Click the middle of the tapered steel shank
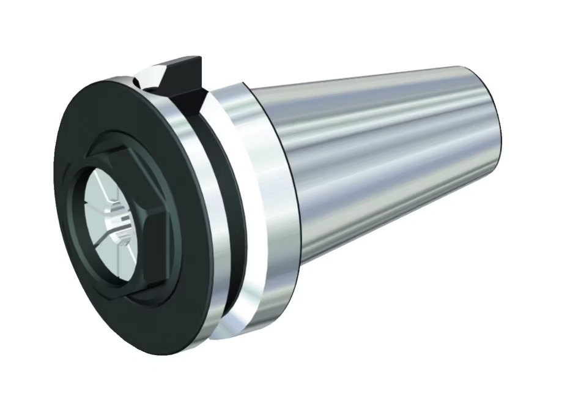tap(391, 165)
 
